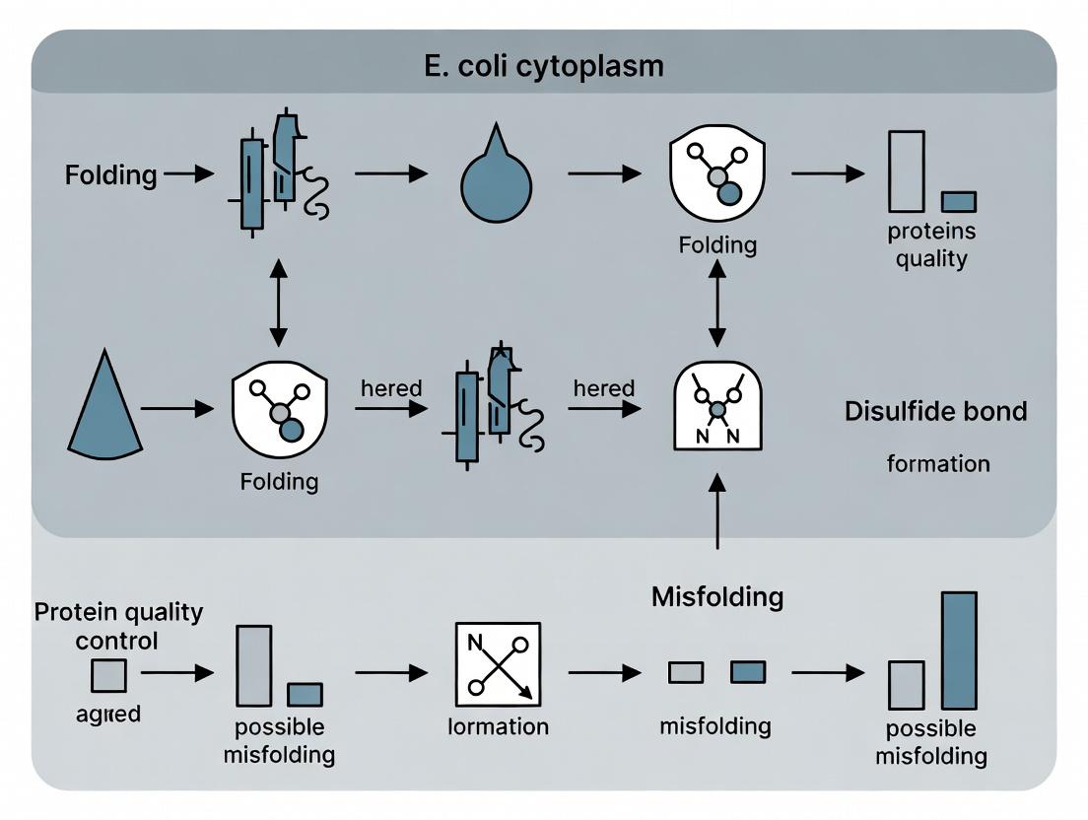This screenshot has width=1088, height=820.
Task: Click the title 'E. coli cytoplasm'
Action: (x=544, y=66)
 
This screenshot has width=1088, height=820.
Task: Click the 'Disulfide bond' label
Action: (x=935, y=411)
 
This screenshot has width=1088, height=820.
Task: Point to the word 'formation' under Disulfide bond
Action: (x=938, y=462)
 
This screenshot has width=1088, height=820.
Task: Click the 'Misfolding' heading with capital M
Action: (x=717, y=596)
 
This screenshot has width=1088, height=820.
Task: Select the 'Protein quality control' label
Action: (x=118, y=626)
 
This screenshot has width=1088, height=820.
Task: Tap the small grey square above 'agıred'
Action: (x=108, y=676)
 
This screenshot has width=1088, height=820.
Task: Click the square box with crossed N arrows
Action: (x=498, y=663)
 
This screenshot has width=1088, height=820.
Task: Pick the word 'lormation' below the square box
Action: (x=498, y=727)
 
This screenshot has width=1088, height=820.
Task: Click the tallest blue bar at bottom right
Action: (x=959, y=650)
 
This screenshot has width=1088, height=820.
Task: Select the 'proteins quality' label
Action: (x=931, y=245)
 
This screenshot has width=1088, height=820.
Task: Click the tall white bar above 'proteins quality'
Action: (x=907, y=171)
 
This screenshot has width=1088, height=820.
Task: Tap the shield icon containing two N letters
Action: (x=717, y=406)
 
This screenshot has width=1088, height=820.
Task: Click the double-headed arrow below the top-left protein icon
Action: (x=279, y=303)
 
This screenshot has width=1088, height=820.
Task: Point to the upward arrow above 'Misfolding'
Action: (x=717, y=510)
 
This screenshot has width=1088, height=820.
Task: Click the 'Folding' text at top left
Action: (x=110, y=175)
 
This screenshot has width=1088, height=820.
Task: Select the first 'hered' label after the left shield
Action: (x=391, y=388)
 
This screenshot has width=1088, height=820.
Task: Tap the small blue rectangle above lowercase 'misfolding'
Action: (x=747, y=672)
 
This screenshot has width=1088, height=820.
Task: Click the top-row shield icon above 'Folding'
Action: (x=717, y=175)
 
